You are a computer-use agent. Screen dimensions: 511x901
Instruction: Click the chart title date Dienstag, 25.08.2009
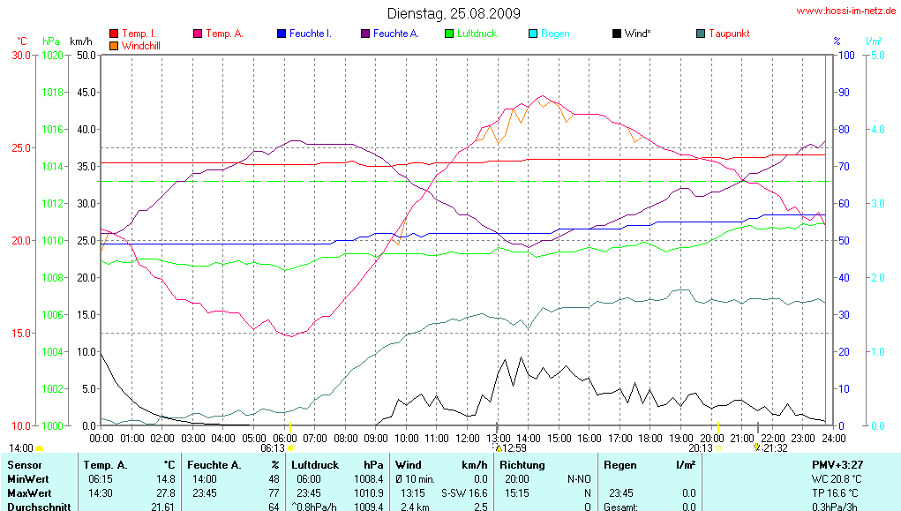pyautogui.click(x=454, y=13)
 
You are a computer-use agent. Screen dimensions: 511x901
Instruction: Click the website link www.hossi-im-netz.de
pyautogui.click(x=846, y=11)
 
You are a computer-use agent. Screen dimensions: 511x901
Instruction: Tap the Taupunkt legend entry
pyautogui.click(x=728, y=34)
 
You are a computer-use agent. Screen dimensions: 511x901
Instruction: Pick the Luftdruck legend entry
pyautogui.click(x=477, y=34)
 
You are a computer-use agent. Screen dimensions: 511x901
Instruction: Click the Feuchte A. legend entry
pyautogui.click(x=395, y=34)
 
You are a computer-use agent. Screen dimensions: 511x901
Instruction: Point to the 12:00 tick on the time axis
pyautogui.click(x=468, y=437)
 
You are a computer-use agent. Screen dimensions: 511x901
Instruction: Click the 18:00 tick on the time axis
pyautogui.click(x=650, y=437)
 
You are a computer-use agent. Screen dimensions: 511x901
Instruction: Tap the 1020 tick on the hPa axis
pyautogui.click(x=52, y=55)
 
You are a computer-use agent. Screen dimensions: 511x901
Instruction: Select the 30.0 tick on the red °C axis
pyautogui.click(x=20, y=55)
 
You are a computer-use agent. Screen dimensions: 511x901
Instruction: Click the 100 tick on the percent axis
pyautogui.click(x=845, y=55)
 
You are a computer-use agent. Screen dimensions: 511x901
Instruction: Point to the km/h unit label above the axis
pyautogui.click(x=80, y=41)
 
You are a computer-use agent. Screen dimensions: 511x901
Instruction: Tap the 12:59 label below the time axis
pyautogui.click(x=514, y=447)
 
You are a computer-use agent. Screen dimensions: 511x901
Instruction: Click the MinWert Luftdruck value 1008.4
pyautogui.click(x=367, y=479)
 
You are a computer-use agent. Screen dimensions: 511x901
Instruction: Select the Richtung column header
pyautogui.click(x=524, y=464)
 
